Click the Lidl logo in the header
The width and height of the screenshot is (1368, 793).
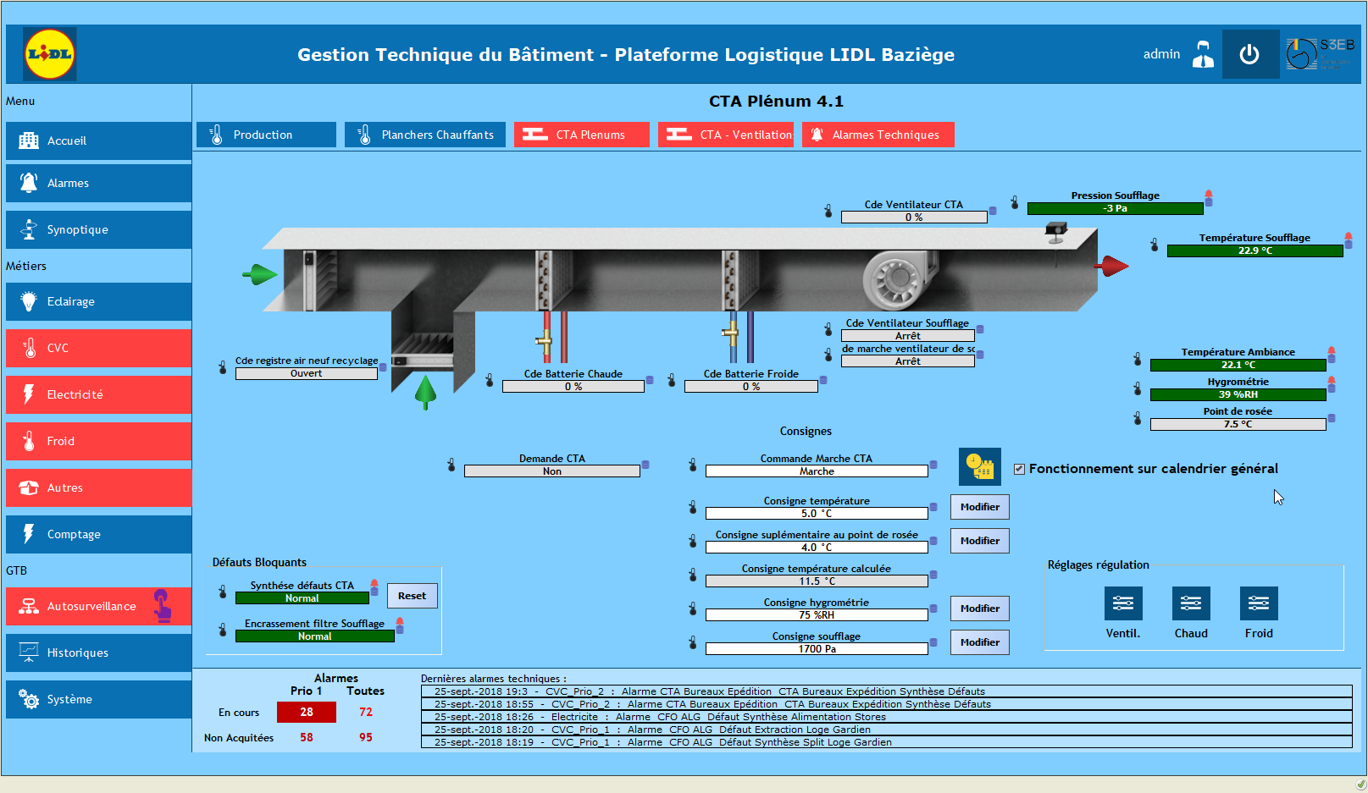click(49, 53)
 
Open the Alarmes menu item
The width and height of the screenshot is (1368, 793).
click(98, 183)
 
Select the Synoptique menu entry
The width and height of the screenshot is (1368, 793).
click(98, 229)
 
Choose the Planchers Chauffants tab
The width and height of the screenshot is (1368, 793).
click(425, 135)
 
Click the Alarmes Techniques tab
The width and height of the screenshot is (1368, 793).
click(878, 135)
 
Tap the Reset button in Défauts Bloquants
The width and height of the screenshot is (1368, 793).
click(413, 596)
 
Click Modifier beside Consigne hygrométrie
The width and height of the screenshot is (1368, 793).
click(979, 609)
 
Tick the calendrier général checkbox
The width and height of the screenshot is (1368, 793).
click(1019, 469)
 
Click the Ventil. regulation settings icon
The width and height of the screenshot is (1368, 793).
click(1123, 603)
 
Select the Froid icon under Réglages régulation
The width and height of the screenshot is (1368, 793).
click(1259, 603)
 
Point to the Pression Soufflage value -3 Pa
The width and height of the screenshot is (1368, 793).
click(1116, 209)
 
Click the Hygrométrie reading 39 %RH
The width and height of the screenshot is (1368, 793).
click(1238, 394)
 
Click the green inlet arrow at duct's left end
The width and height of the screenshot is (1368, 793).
click(260, 274)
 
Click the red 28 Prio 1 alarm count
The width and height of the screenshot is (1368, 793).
click(306, 712)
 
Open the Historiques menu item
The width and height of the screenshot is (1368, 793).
click(98, 653)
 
